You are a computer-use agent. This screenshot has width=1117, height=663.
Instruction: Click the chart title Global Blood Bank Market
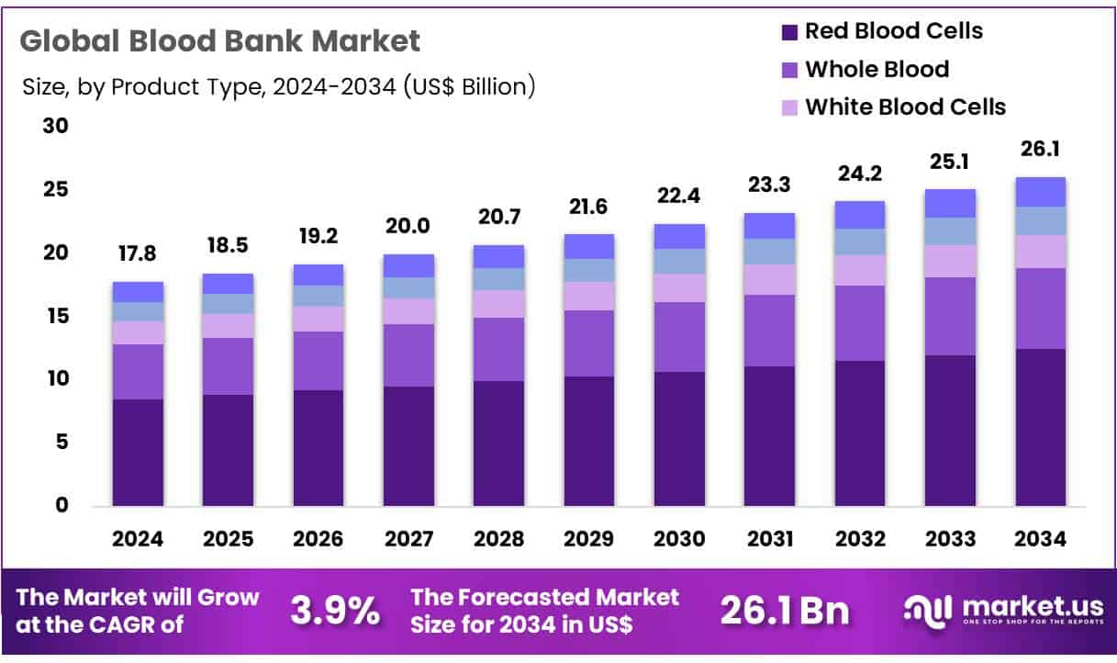220,41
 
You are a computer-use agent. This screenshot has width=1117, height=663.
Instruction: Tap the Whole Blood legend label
877,69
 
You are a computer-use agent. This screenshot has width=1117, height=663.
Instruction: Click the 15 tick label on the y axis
56,316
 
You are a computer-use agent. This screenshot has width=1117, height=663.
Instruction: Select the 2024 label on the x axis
138,540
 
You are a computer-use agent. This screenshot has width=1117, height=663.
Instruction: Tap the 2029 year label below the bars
589,540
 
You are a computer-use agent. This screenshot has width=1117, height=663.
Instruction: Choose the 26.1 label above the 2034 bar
1040,149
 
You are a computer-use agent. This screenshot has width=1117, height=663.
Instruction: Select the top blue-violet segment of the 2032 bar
860,215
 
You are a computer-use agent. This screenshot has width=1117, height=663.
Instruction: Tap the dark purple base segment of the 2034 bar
1040,427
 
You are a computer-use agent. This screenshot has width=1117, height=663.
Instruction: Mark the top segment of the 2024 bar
138,292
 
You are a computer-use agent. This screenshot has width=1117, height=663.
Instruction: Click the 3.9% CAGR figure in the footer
335,610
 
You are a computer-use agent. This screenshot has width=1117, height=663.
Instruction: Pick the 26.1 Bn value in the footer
785,610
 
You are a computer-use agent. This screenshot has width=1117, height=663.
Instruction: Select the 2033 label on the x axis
950,540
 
